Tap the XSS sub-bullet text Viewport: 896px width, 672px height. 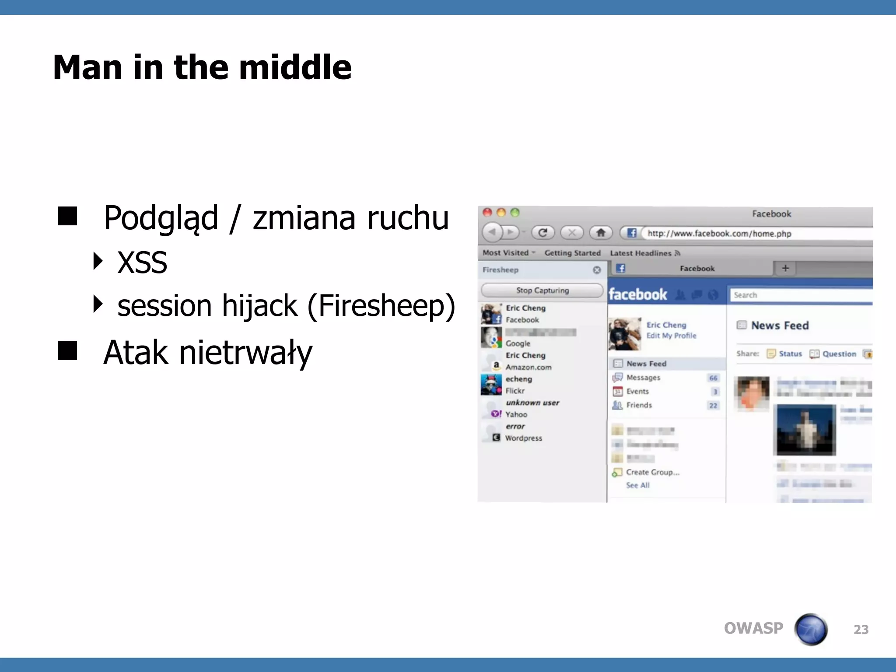coord(142,262)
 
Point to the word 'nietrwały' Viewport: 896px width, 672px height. coord(245,353)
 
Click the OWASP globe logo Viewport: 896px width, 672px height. coord(811,629)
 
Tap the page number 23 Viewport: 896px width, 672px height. coord(861,630)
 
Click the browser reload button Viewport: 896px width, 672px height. coord(543,233)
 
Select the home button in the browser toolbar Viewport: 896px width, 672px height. coord(601,233)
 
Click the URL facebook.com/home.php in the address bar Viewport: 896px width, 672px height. coord(719,234)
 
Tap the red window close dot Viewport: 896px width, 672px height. coord(487,213)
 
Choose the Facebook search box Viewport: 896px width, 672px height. coord(801,295)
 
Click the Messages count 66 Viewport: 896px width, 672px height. coord(713,378)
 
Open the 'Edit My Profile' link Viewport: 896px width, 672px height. coord(672,336)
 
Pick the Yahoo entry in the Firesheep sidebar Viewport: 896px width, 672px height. coord(516,414)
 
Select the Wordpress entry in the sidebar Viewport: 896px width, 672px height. coord(523,438)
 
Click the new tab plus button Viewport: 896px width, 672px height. coord(785,268)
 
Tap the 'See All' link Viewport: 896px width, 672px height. coord(638,485)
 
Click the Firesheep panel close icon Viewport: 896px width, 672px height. coord(597,270)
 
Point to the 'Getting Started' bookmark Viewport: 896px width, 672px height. coord(572,253)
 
